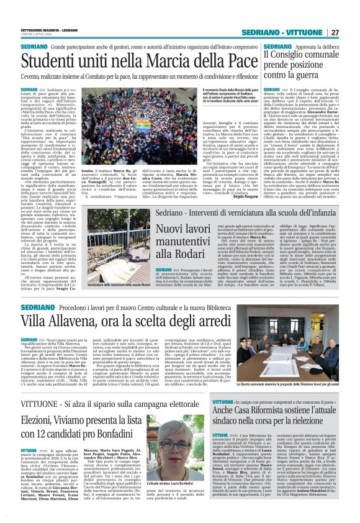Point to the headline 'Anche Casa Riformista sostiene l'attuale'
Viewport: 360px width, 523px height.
point(276,412)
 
